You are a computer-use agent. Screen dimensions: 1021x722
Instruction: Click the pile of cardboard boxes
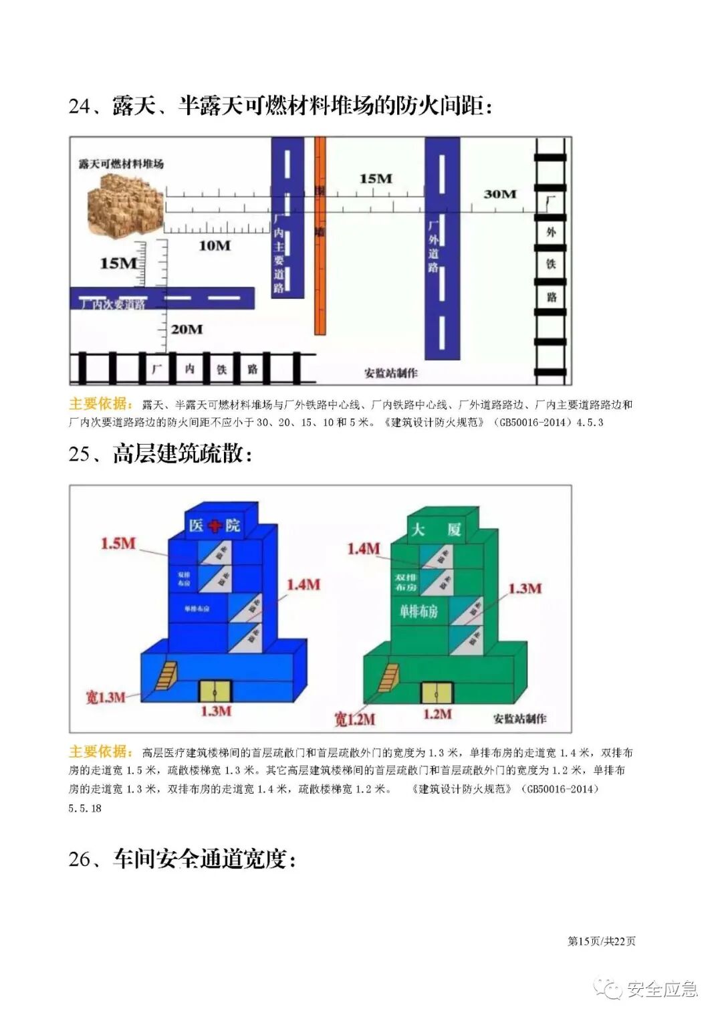126,205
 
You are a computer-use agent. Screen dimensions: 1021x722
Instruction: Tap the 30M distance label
500,194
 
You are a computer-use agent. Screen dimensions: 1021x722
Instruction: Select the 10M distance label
215,245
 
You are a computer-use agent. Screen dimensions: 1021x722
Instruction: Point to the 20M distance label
187,329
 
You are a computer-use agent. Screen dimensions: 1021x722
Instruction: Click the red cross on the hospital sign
215,526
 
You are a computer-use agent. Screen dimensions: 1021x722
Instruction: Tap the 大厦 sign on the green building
436,530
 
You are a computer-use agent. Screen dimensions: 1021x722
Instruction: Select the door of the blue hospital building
215,691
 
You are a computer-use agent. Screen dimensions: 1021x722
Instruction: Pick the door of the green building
437,692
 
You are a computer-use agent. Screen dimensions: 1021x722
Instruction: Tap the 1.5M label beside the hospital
118,543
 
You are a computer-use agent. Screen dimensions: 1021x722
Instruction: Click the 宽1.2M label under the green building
354,719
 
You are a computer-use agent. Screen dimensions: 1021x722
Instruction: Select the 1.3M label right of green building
525,588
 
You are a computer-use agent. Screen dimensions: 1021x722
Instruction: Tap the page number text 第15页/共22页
601,941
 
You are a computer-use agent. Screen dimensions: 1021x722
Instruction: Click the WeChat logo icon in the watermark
608,988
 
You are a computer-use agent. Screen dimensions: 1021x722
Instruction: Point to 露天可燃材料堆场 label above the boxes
121,163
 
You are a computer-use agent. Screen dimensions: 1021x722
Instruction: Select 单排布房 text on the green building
418,610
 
